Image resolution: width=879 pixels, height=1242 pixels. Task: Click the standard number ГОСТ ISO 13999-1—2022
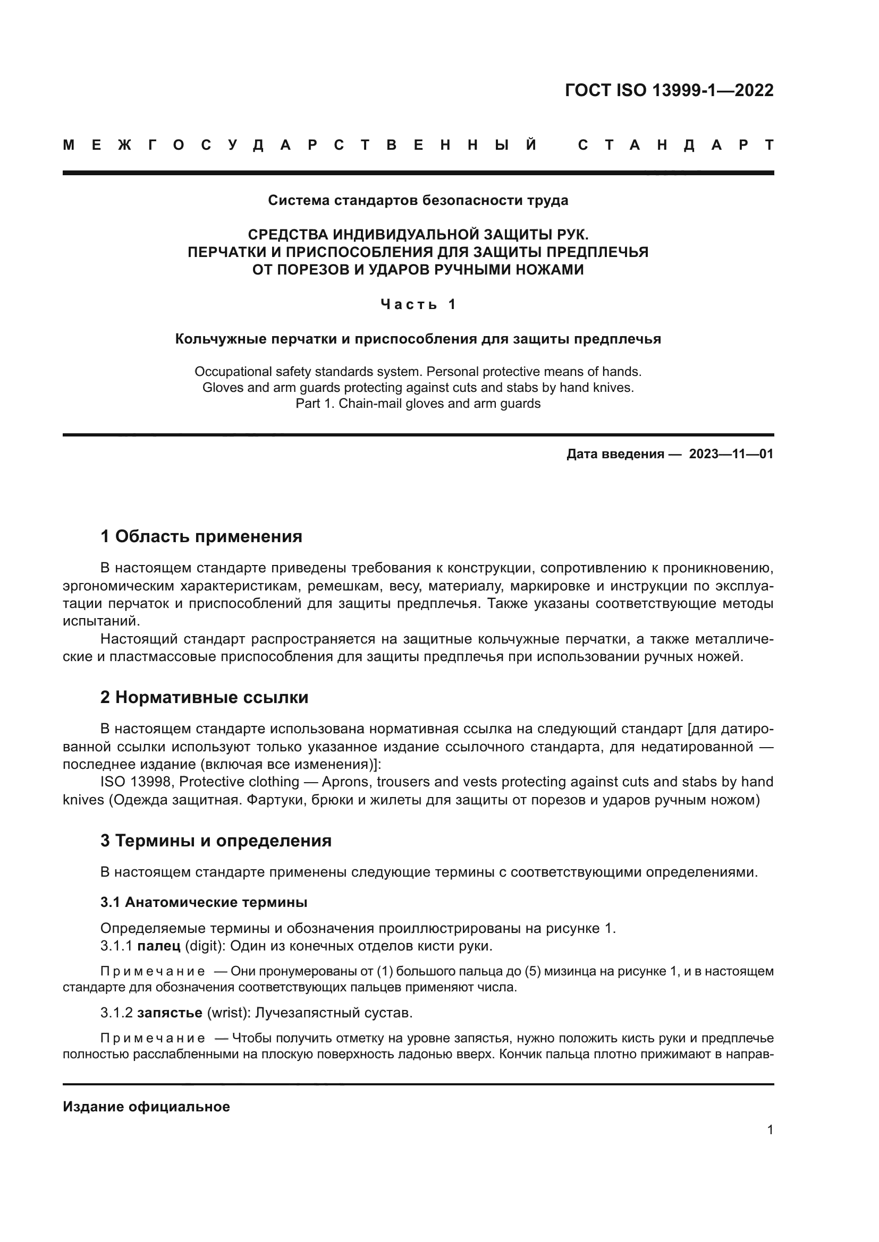click(x=669, y=90)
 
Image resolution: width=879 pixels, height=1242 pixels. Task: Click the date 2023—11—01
click(x=731, y=454)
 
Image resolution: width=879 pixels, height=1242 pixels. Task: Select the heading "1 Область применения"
click(x=201, y=537)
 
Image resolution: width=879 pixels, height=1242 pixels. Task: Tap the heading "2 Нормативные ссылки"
click(x=204, y=698)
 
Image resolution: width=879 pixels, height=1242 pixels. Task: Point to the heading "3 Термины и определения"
click(x=215, y=841)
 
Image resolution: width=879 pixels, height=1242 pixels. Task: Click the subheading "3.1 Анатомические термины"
click(x=204, y=902)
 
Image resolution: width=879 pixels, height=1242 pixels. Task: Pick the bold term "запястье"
click(x=170, y=1013)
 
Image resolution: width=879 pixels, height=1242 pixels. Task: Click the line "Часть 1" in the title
click(x=418, y=305)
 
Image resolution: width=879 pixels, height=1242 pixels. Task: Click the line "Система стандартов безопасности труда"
click(x=418, y=201)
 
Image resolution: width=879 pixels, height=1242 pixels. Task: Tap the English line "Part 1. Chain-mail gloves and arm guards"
click(x=418, y=404)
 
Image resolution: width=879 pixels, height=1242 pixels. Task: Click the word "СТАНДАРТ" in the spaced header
click(x=675, y=145)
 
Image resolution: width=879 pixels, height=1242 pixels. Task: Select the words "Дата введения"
click(x=615, y=454)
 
